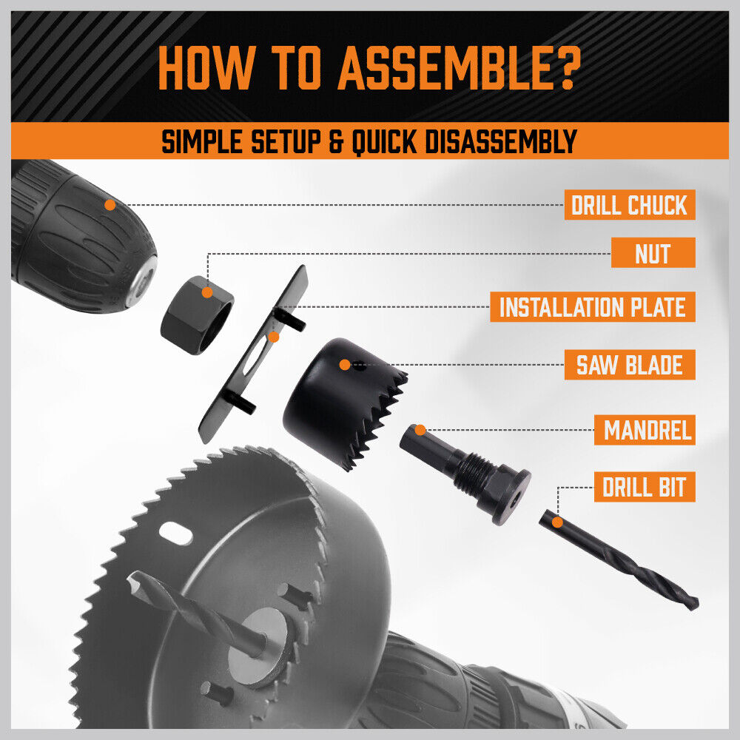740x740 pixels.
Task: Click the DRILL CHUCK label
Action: tap(630, 205)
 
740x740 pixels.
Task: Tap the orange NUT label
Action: tap(653, 253)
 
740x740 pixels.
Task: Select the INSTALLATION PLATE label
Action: tap(592, 306)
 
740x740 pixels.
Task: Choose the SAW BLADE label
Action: tap(630, 365)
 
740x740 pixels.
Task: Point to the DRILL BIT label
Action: tap(644, 488)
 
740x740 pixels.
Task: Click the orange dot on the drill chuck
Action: tap(110, 205)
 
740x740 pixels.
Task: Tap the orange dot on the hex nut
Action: tap(208, 293)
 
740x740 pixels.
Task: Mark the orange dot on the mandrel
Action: tap(420, 429)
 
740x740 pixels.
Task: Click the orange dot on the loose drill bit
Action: tap(557, 522)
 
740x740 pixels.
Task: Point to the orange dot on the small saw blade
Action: tap(344, 364)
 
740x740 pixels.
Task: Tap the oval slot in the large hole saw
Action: tap(176, 534)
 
